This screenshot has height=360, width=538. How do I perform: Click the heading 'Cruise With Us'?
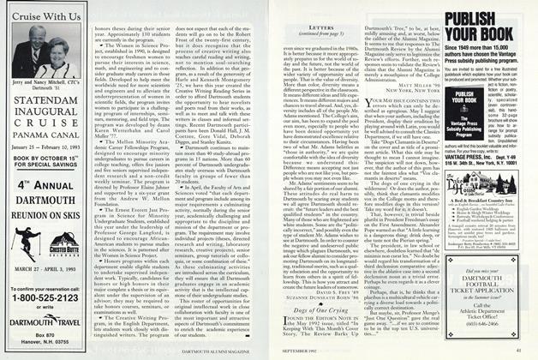coord(41,17)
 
